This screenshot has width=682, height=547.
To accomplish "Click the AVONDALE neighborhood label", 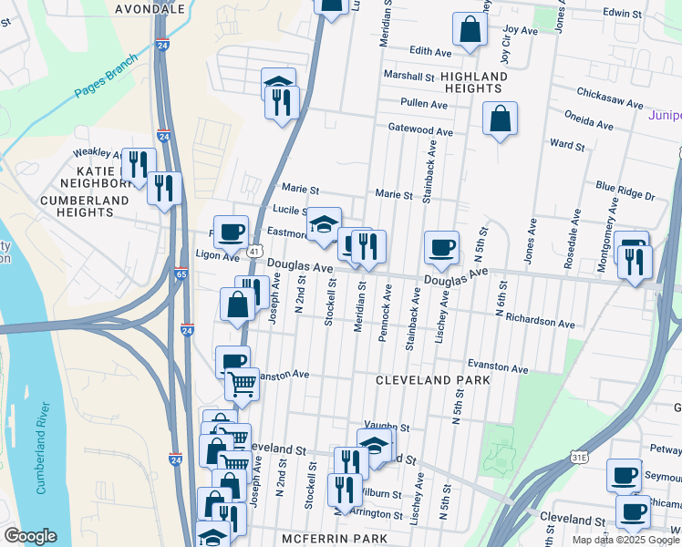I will [151, 8].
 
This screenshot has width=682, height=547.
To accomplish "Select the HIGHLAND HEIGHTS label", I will [473, 82].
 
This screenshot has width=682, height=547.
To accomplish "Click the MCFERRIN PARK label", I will [335, 539].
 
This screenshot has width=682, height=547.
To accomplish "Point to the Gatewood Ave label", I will [420, 130].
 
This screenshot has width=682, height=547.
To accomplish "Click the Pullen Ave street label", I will [423, 104].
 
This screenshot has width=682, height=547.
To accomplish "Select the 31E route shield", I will [577, 453].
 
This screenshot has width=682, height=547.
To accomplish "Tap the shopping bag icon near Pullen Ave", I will [500, 119].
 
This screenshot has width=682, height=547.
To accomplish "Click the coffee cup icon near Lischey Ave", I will [441, 247].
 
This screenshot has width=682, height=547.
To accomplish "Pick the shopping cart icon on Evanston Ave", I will [242, 383].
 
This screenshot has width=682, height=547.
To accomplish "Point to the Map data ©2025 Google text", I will [625, 540].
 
